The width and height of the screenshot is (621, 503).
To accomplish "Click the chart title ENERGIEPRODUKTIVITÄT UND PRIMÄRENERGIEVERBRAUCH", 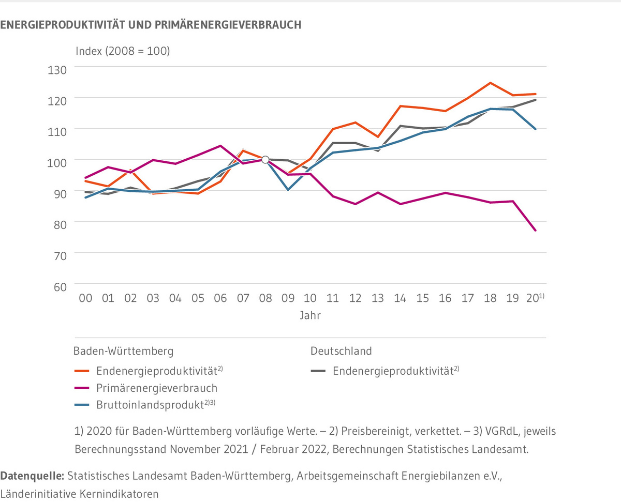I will (151, 25).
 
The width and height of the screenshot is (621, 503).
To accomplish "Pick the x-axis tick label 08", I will (265, 298).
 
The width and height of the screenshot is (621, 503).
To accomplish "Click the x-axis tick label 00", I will (85, 298).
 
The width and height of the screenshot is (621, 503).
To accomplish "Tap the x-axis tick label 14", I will (401, 298).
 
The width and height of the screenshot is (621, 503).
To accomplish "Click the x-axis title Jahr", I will (310, 315).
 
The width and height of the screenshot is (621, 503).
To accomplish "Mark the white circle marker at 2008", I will (265, 160).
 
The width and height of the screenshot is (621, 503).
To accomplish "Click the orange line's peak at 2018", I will (490, 83).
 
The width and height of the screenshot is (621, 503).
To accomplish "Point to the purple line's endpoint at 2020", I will (535, 231).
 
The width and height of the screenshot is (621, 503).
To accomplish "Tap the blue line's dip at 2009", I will (288, 190).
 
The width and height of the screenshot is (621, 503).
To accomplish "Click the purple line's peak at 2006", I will (220, 146).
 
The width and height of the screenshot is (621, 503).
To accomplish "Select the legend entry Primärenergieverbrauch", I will (156, 388).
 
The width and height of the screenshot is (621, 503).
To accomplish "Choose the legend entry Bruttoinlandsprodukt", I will (155, 405).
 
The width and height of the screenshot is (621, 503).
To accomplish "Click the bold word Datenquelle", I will (33, 475).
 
